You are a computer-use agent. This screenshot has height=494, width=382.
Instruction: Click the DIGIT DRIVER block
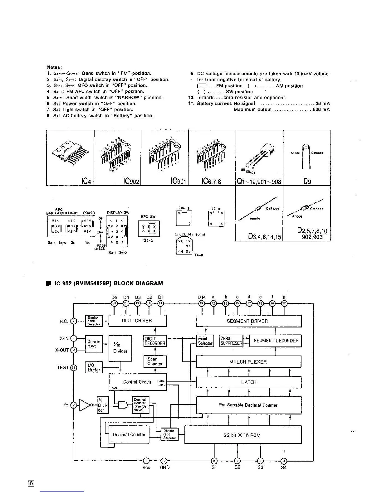pos(137,321)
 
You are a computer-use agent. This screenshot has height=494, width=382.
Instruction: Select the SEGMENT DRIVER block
pos(249,321)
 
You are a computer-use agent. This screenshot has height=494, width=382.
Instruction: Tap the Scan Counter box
pos(155,361)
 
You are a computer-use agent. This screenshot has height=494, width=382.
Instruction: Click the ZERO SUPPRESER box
pos(231,341)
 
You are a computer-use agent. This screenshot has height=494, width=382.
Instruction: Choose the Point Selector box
pos(205,341)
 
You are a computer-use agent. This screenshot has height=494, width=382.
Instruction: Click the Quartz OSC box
pos(94,344)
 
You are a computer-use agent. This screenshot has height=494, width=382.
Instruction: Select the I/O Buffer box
pos(94,367)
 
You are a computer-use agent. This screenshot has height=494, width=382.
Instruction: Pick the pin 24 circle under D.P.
pos(202,303)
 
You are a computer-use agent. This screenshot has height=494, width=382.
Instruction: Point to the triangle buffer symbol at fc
pos(85,405)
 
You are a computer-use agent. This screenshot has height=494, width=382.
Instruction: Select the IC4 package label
pos(86,181)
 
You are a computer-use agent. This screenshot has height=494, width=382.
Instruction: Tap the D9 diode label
pos(307,181)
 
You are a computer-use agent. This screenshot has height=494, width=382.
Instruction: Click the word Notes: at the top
pos(55,67)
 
